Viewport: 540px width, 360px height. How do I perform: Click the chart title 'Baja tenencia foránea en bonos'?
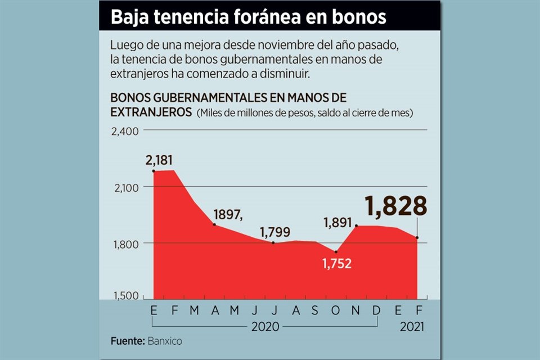click(249, 17)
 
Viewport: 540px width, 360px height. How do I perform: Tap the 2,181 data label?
click(159, 160)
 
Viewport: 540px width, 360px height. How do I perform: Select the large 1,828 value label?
click(397, 206)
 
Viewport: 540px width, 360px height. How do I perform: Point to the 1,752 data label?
click(336, 263)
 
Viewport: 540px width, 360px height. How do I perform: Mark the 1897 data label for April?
click(228, 215)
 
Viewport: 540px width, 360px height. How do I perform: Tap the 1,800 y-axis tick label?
click(122, 243)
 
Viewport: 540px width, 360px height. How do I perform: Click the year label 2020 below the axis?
click(265, 326)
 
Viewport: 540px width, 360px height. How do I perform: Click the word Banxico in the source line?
click(165, 341)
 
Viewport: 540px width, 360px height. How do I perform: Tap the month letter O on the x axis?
click(336, 310)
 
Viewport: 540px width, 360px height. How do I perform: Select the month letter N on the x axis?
click(357, 310)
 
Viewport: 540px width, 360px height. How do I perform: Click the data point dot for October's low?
click(336, 252)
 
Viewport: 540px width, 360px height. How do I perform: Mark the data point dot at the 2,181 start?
click(154, 170)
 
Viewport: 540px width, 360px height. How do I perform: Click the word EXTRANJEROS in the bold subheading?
click(151, 112)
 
